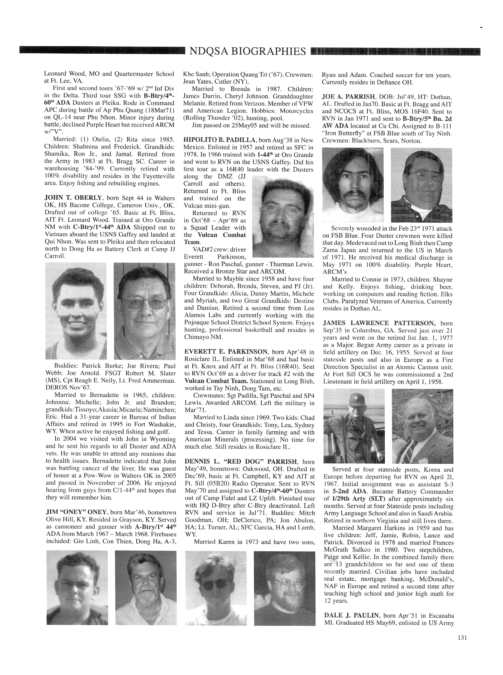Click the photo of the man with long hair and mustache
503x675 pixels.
[x=353, y=185]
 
